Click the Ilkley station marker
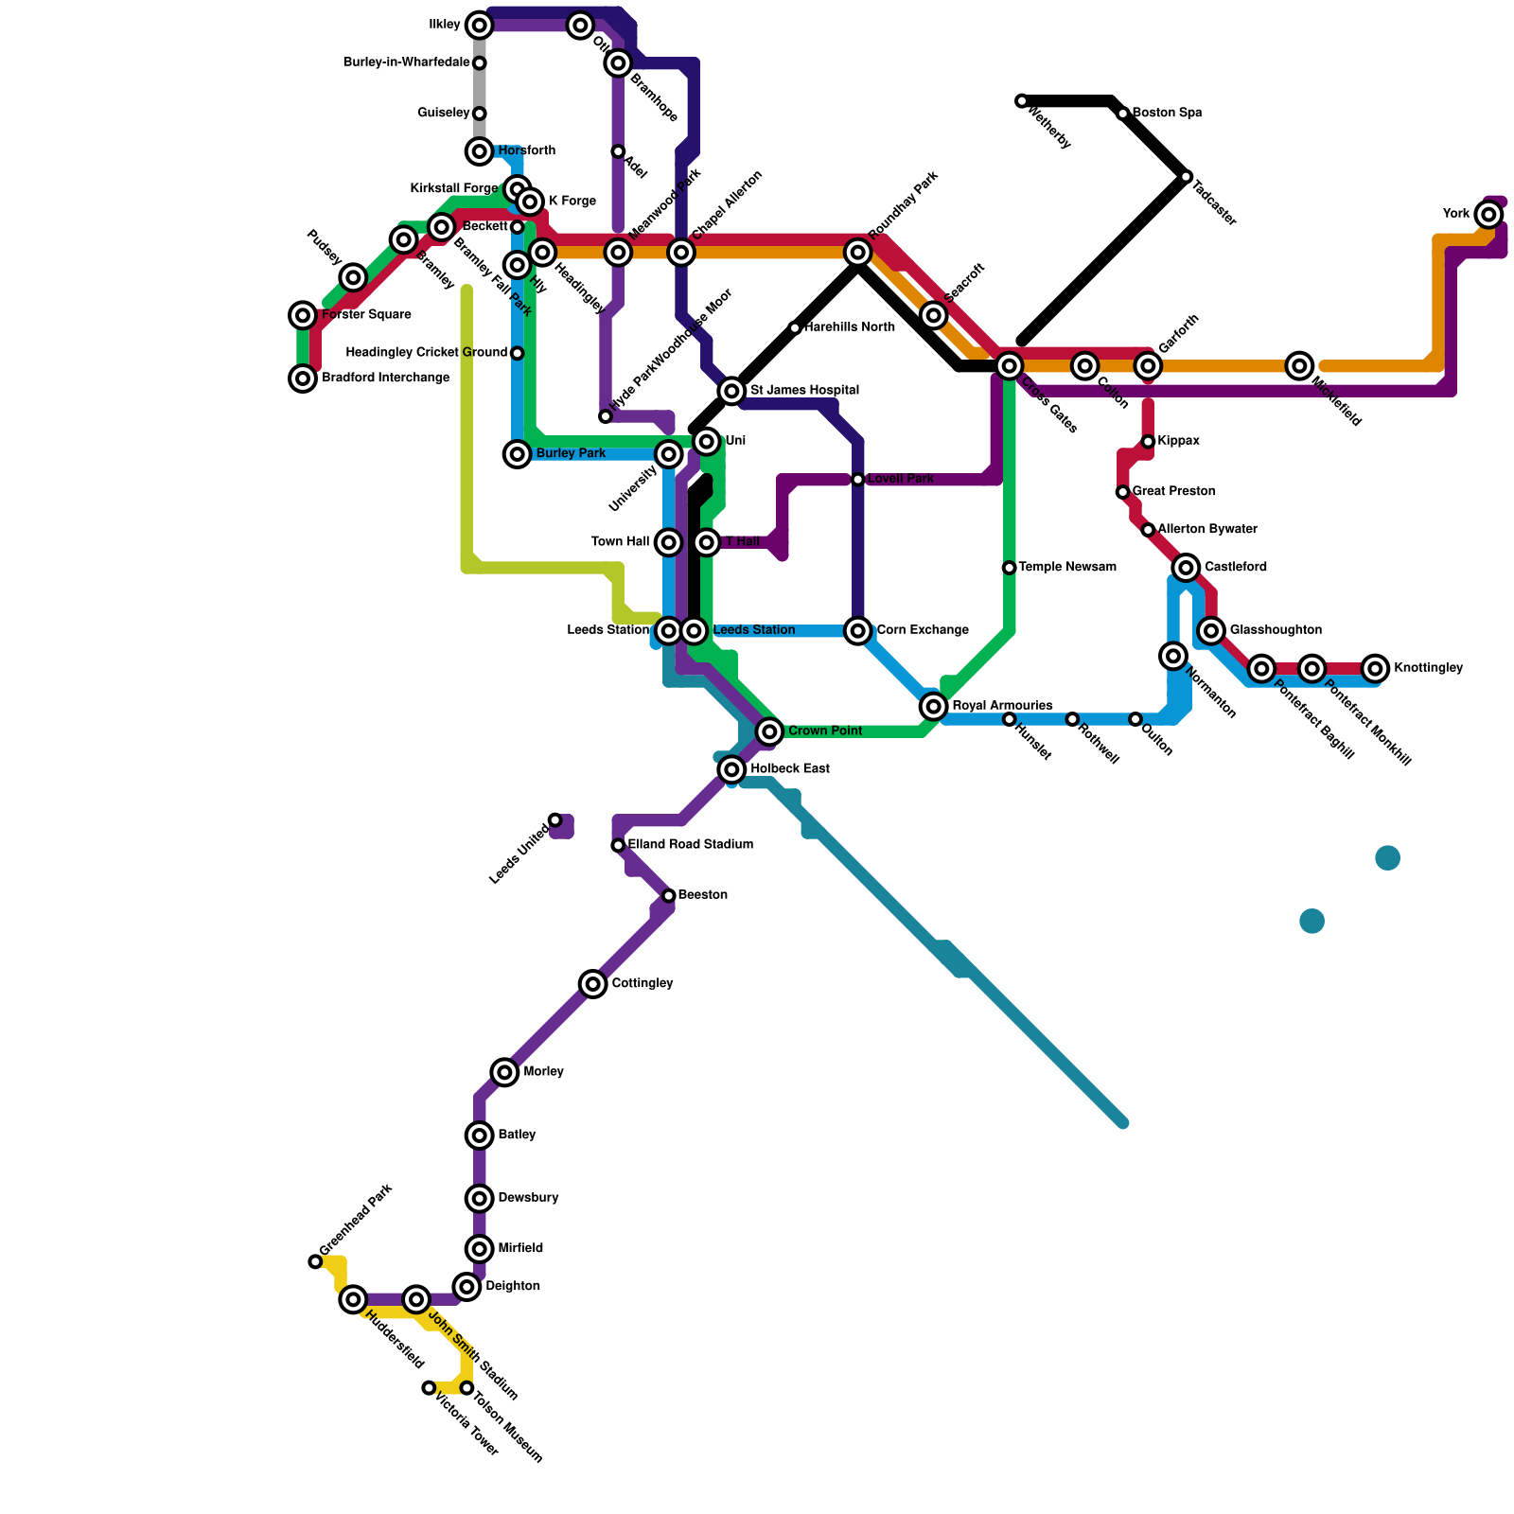(x=480, y=26)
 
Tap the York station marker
(x=1489, y=215)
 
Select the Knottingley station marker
(x=1376, y=669)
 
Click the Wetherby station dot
(x=1022, y=101)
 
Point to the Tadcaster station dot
(x=1186, y=177)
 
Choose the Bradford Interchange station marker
(x=303, y=378)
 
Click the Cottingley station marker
(x=593, y=984)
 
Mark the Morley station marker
(x=505, y=1072)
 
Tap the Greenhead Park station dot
(x=315, y=1261)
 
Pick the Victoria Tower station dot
(x=429, y=1388)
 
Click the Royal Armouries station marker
(x=934, y=706)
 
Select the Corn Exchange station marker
(x=858, y=631)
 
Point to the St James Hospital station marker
(x=731, y=391)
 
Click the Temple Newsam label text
(x=1067, y=568)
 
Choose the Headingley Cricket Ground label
(x=427, y=353)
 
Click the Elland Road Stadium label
(x=691, y=844)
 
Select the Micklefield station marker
(x=1300, y=366)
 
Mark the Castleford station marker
(x=1186, y=568)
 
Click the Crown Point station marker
(x=770, y=731)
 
